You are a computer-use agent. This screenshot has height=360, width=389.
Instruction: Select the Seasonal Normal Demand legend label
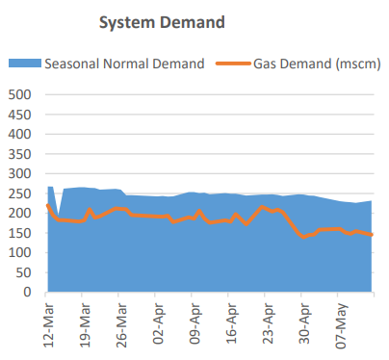[x=124, y=64]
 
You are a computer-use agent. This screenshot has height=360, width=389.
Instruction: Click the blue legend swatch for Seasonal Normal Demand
[x=26, y=64]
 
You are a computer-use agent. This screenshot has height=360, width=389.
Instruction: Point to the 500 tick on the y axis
[x=19, y=95]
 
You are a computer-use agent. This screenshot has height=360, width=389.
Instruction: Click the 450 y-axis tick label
[x=19, y=115]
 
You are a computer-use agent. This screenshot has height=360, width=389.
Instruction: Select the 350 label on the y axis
[x=19, y=154]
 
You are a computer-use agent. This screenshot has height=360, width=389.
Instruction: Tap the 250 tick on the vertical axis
[x=19, y=193]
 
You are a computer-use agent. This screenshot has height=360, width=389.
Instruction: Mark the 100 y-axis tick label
[x=19, y=252]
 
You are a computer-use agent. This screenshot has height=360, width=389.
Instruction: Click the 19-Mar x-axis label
[x=86, y=323]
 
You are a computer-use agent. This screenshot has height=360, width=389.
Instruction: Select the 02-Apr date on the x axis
[x=157, y=323]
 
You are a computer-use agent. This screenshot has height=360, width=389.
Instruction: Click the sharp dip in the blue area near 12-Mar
[x=58, y=217]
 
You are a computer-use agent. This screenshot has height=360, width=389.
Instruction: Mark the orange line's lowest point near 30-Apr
[x=304, y=237]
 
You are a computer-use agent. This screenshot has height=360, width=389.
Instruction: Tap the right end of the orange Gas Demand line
[x=372, y=235]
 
